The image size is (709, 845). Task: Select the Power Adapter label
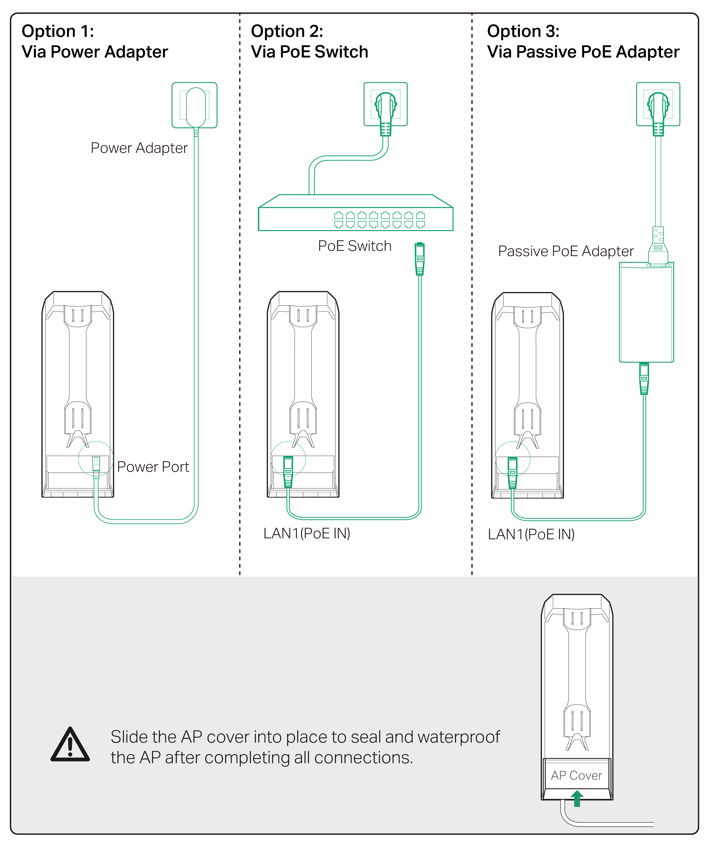(139, 148)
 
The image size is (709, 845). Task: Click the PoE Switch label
(354, 246)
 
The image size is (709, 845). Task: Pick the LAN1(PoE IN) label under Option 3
(531, 534)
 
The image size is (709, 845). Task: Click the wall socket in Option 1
(194, 105)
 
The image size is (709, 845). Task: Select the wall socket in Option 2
(385, 104)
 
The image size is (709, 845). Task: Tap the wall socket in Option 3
(658, 104)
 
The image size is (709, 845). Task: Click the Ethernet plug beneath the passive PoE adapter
(644, 378)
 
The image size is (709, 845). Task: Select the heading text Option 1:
(58, 31)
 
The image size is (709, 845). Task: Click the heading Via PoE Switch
(309, 52)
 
